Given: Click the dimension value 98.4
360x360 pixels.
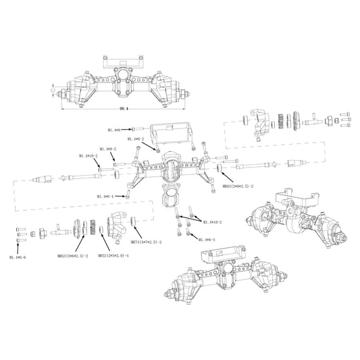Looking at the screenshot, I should click(x=122, y=107).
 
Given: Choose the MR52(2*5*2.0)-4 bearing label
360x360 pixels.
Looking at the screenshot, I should click(x=113, y=256).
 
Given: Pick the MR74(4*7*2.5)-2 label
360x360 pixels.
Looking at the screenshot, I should click(x=146, y=241).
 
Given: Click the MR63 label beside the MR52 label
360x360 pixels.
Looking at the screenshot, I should click(x=74, y=256).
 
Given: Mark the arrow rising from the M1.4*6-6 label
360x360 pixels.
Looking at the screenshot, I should click(x=19, y=248).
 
